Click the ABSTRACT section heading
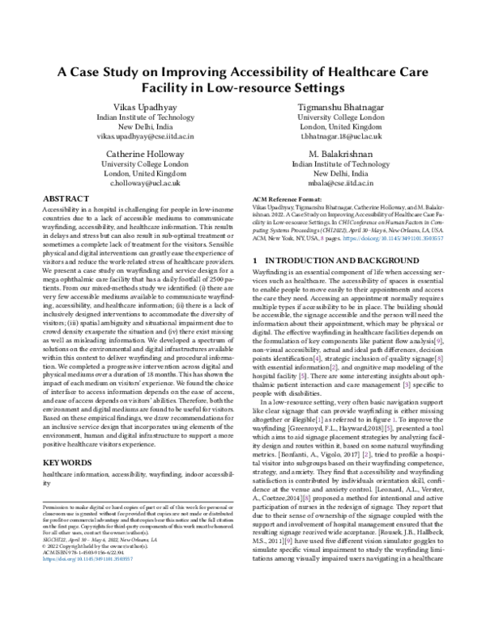(x=66, y=198)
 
